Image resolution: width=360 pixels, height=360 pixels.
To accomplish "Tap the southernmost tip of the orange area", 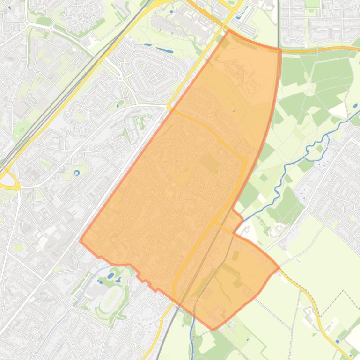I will (213, 329).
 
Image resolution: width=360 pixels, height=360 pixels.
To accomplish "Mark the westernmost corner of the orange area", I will (81, 241).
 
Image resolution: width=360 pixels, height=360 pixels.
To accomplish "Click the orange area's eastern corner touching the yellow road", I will (279, 268).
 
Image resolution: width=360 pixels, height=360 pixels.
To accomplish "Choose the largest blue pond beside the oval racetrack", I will (111, 276).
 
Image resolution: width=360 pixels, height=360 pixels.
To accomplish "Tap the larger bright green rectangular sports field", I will (312, 4).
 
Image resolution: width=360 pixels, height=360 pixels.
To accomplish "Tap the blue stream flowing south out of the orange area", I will (192, 337).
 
